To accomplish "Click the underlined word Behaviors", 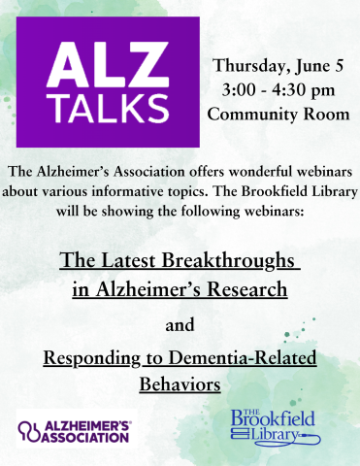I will point(180,384).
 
